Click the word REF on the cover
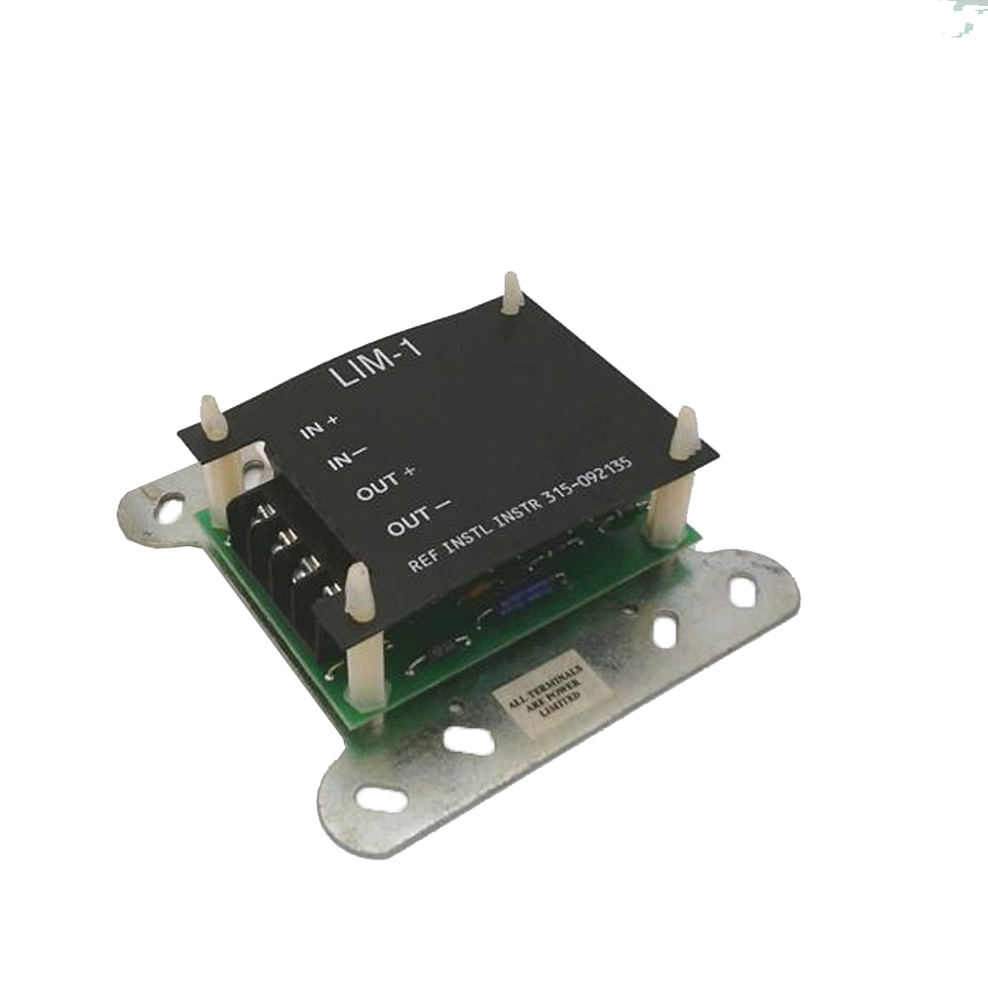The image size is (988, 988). tap(428, 561)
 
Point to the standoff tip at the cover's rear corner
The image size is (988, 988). tap(511, 288)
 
